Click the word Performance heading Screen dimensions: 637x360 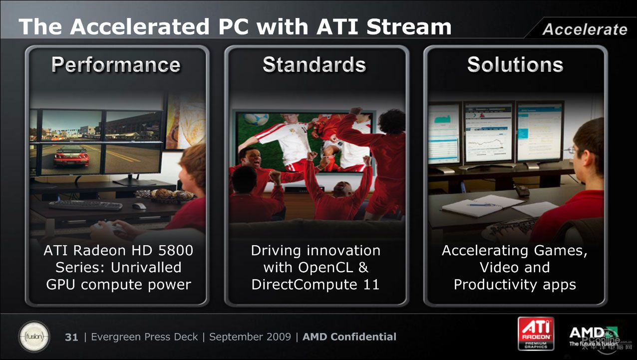116,65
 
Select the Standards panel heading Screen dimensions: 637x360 314,64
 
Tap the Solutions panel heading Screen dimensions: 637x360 515,64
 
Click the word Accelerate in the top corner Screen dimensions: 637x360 585,29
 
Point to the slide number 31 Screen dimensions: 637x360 71,337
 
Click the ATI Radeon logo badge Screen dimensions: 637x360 536,334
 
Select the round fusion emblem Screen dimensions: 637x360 34,337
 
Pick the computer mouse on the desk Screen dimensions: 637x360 139,206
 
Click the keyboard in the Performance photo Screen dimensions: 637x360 85,205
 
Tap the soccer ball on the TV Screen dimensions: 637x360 256,118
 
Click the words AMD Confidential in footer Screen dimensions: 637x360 349,337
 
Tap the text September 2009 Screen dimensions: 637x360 250,337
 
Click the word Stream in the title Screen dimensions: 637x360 409,27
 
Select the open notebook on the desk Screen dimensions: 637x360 483,206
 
